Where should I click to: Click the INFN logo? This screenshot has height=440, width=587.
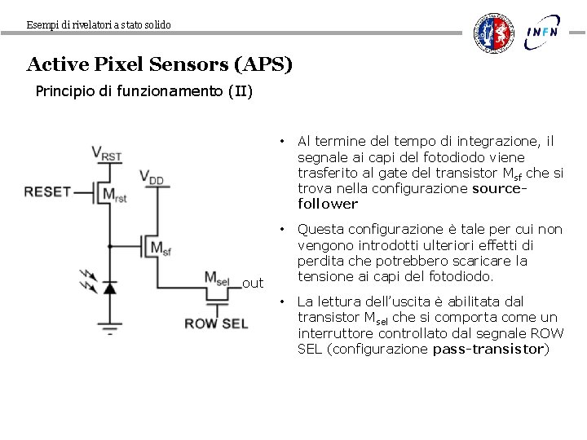tap(542, 33)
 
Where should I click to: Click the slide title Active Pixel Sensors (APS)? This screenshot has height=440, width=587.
tap(159, 64)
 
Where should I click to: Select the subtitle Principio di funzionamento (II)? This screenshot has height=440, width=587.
tap(144, 90)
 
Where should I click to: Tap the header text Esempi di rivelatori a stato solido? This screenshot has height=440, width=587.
tap(99, 25)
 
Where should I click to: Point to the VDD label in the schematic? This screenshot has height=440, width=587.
tap(152, 177)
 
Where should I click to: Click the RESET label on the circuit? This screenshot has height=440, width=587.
tap(48, 192)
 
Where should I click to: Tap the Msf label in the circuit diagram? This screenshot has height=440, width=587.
tap(161, 248)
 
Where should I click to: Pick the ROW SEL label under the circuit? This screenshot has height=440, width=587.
tap(216, 323)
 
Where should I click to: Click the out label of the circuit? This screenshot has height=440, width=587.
tap(253, 284)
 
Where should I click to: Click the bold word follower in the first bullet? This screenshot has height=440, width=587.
tap(328, 204)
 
